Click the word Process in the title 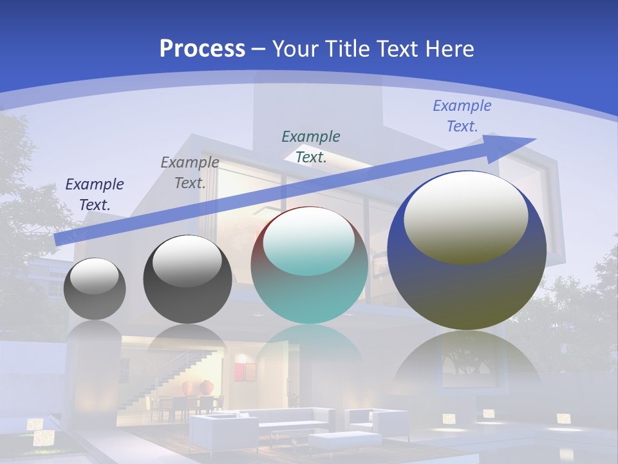click(202, 48)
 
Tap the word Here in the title click(446, 49)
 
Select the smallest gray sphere click(95, 289)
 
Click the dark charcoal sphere click(187, 280)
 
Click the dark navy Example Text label click(95, 195)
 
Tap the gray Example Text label click(190, 173)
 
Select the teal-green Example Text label click(311, 146)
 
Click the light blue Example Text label click(462, 116)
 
